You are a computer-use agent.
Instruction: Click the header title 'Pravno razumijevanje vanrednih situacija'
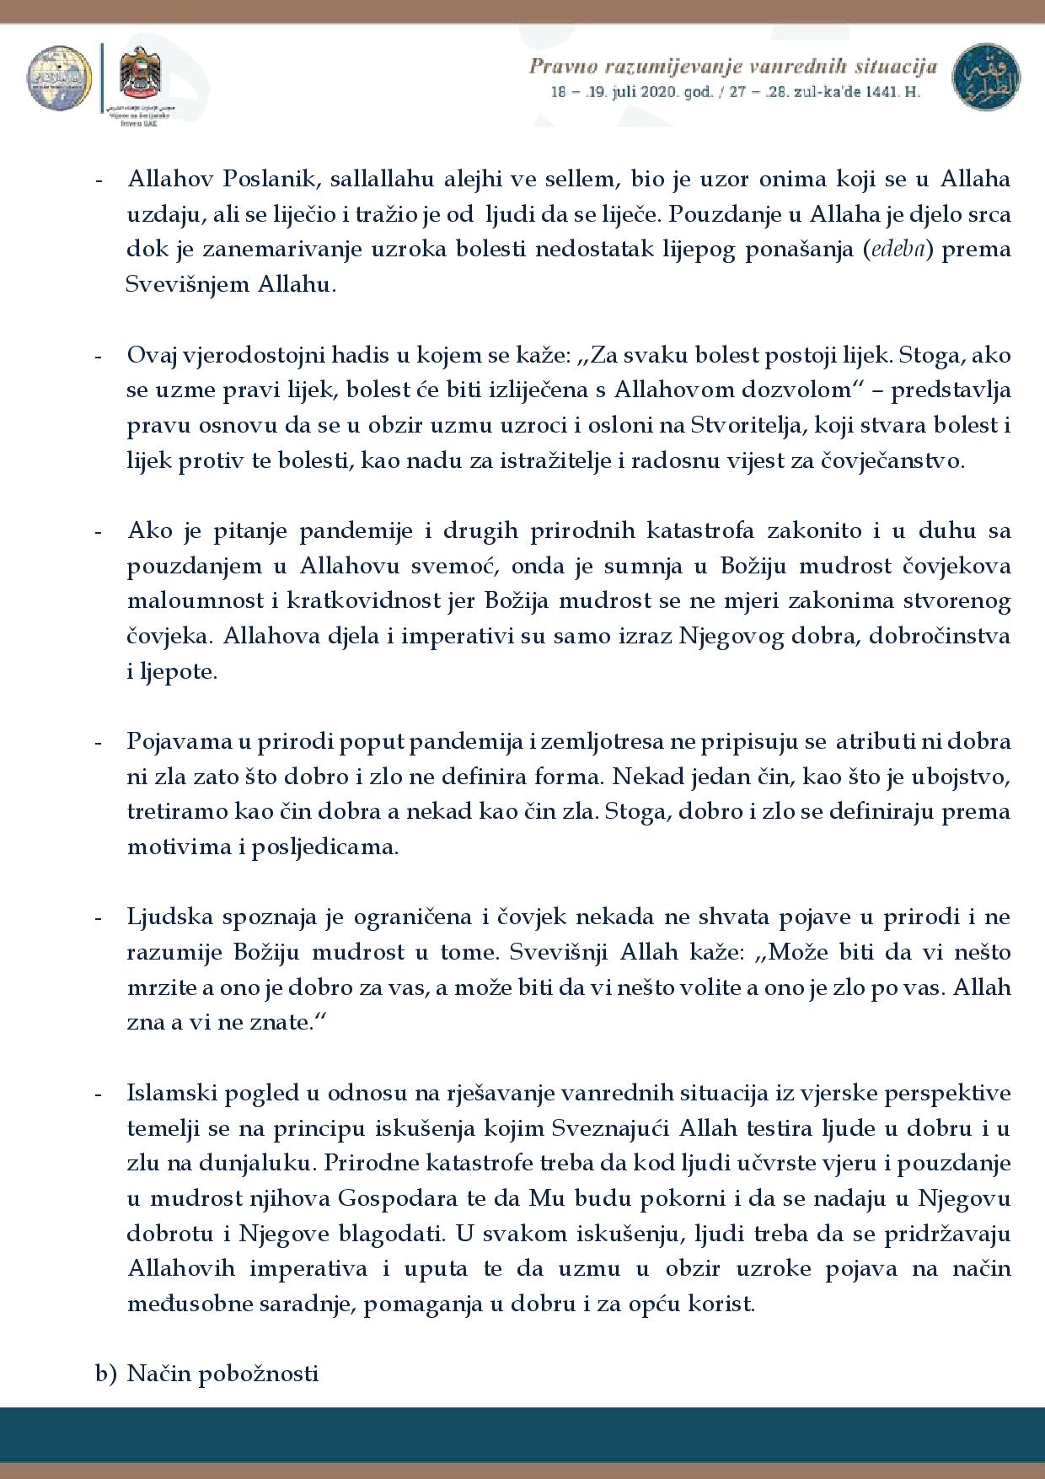(732, 65)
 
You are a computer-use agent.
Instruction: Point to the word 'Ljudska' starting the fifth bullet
(167, 917)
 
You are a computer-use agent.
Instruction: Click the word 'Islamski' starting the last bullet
(167, 1094)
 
